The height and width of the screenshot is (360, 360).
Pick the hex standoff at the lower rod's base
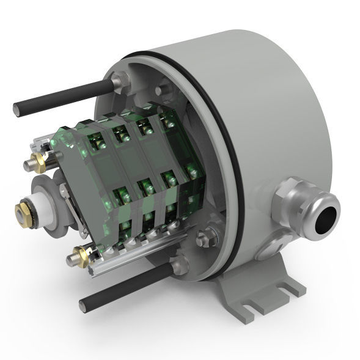(x=179, y=266)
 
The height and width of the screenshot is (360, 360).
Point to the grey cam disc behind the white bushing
(x=53, y=189)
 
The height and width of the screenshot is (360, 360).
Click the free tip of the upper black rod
(x=18, y=110)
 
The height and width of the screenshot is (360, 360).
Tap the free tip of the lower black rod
(x=84, y=303)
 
